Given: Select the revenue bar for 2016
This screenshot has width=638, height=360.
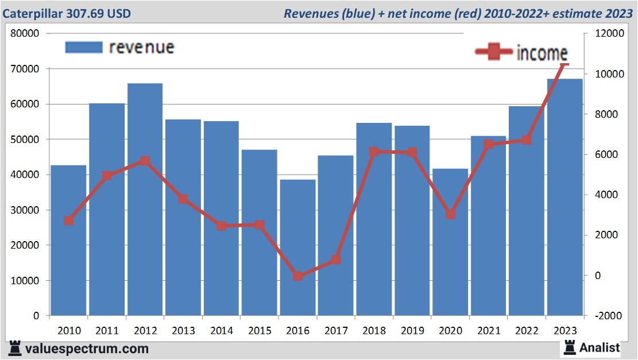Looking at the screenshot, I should point(297,247).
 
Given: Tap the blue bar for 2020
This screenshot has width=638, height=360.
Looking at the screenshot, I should point(450,242).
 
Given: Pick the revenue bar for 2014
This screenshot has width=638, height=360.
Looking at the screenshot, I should point(221,218).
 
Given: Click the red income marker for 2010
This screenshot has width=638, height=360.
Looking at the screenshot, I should point(69,220).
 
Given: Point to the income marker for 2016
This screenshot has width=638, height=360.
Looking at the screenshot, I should point(297,276).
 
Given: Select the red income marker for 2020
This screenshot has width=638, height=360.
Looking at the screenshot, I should point(450,214).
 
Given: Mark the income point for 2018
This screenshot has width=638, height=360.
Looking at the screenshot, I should point(374,152).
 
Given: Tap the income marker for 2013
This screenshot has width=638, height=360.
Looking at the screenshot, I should point(183,199).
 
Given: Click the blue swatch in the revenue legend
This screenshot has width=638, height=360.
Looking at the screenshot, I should point(84,47).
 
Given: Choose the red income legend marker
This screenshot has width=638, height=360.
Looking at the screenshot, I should point(494,53).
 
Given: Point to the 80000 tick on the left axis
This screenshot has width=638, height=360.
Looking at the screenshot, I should point(25,33).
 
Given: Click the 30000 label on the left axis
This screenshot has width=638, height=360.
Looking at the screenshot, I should point(25,210).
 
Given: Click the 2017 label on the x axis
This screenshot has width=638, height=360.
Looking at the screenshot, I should point(336,331).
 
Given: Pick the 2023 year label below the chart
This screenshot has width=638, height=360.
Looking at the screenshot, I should point(564,331).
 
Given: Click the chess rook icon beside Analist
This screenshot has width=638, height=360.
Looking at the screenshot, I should point(569,347).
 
